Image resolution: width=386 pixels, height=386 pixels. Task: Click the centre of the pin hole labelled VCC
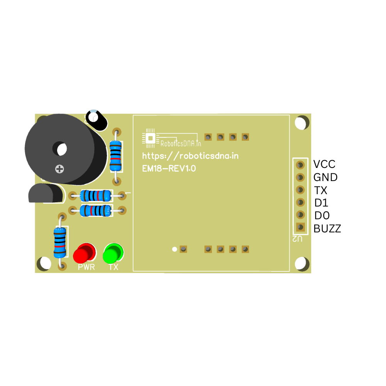[x=300, y=165]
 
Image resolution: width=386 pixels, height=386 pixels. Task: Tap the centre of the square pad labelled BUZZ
[x=300, y=227]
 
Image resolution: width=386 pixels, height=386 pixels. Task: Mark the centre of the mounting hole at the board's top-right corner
[x=301, y=123]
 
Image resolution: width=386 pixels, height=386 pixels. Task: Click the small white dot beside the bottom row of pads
[x=174, y=249]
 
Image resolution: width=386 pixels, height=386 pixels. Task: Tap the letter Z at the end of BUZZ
[x=337, y=229]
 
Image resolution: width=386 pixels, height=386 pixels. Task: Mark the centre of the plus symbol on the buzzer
[x=59, y=169]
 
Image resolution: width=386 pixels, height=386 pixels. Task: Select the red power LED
[x=85, y=253]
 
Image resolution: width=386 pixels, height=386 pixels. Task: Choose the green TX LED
[x=113, y=253]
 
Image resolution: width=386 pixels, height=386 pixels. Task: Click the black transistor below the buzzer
[x=46, y=193]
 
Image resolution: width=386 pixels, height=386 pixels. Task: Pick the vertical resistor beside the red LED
[x=60, y=243]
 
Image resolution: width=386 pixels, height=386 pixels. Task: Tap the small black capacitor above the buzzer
[x=96, y=120]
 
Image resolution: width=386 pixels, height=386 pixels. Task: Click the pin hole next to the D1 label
[x=300, y=202]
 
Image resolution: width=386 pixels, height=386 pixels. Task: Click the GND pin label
[x=325, y=178]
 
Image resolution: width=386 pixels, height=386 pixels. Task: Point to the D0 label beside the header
[x=322, y=216]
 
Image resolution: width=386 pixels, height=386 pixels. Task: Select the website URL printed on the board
[x=190, y=156]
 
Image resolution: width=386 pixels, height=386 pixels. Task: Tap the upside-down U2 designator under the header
[x=297, y=239]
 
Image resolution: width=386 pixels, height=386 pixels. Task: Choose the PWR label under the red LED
[x=86, y=267]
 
